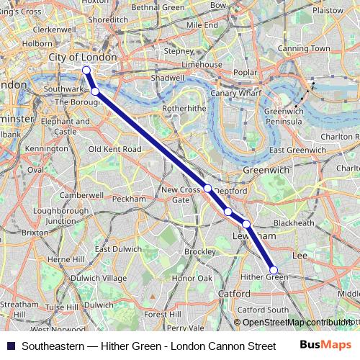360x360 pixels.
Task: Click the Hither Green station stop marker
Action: (273, 270)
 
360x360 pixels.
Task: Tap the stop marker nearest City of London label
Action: (86, 70)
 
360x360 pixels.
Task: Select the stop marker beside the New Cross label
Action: (207, 188)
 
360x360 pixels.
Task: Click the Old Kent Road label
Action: (114, 149)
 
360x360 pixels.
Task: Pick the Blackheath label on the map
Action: (294, 223)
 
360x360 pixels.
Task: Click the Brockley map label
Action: (199, 251)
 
